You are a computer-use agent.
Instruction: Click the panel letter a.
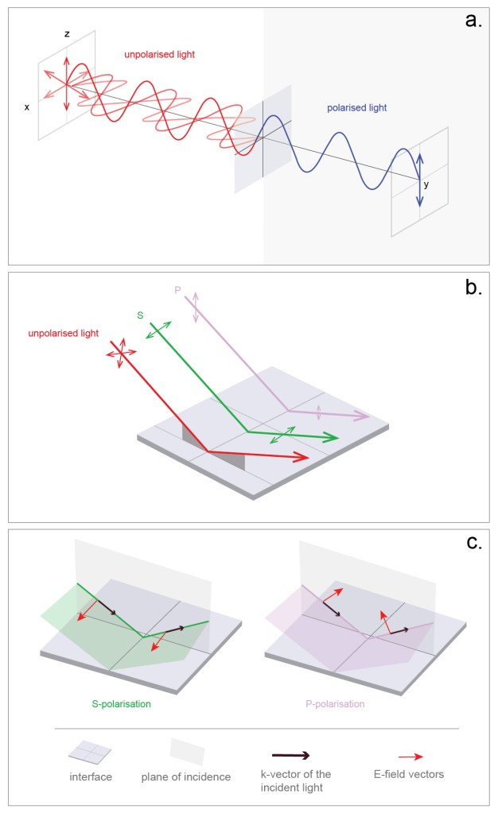(473, 21)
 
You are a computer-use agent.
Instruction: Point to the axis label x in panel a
(27, 106)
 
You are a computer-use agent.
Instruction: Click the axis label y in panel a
(426, 184)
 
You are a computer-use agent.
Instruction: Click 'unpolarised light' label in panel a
(159, 55)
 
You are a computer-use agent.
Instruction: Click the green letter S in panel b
(140, 316)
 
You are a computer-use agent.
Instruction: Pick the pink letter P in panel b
(177, 291)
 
